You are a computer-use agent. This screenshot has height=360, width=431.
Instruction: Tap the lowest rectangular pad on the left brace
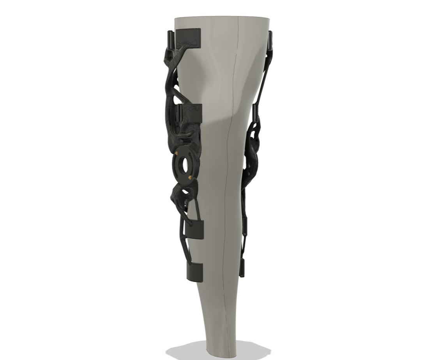[x=195, y=271]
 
